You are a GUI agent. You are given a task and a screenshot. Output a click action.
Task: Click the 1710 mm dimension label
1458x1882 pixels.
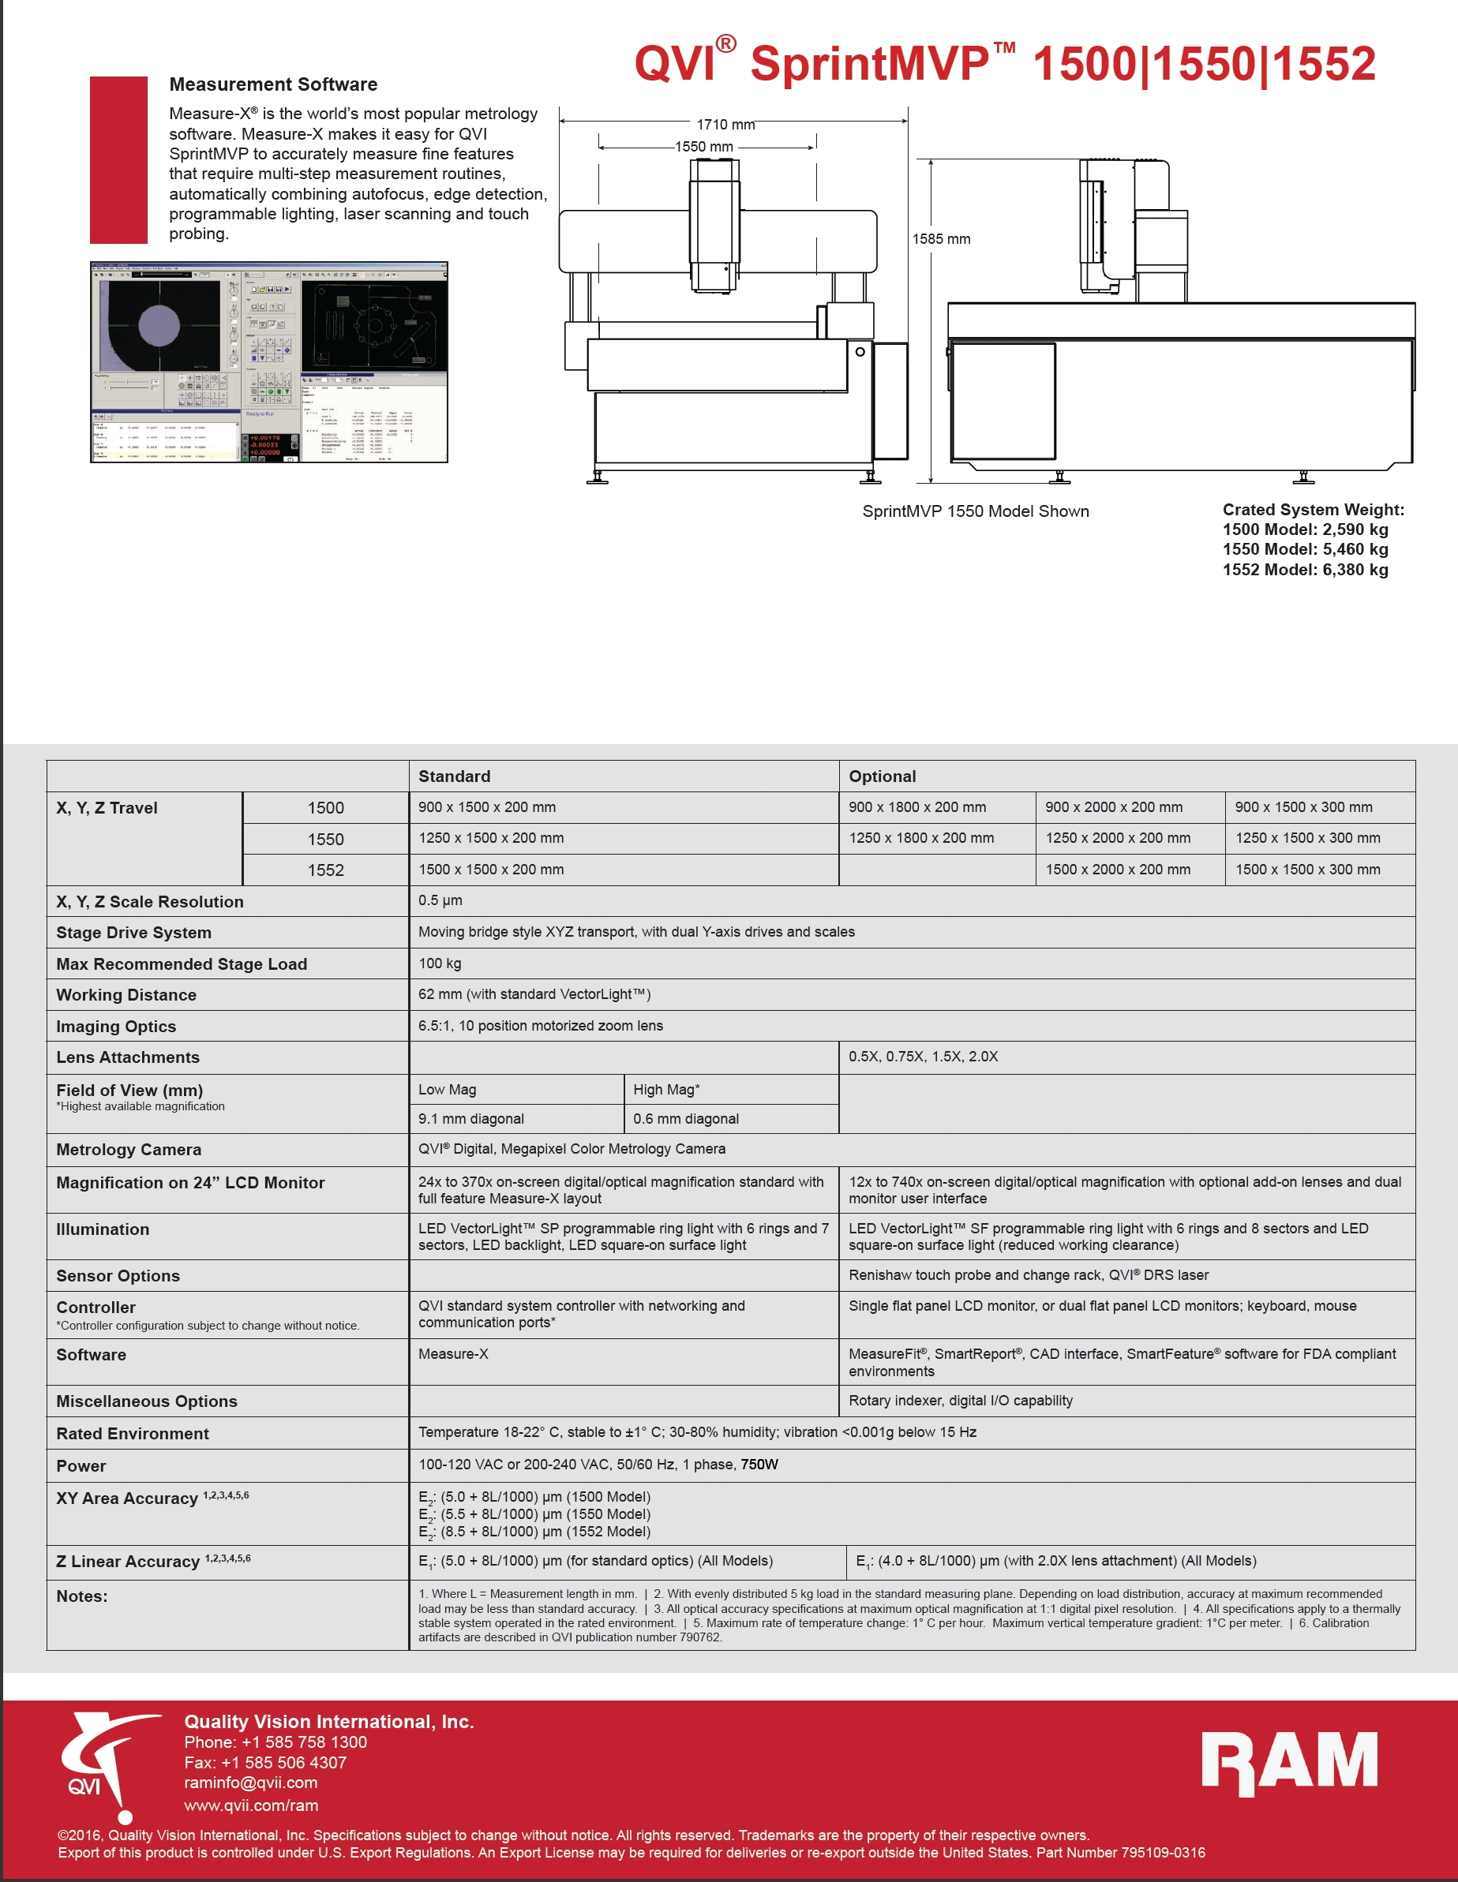pyautogui.click(x=725, y=125)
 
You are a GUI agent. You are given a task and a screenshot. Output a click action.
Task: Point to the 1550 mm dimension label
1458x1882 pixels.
pyautogui.click(x=703, y=148)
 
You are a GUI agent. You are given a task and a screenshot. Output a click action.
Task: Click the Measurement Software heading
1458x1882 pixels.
pyautogui.click(x=273, y=84)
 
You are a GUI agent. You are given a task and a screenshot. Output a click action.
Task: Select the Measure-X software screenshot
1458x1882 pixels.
pyautogui.click(x=269, y=362)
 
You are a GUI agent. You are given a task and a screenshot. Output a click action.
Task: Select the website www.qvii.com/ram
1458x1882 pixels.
pyautogui.click(x=251, y=1805)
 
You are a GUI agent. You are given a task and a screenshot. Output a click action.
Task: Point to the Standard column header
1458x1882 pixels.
pyautogui.click(x=455, y=776)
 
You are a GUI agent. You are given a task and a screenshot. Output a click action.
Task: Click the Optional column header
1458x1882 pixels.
pyautogui.click(x=882, y=776)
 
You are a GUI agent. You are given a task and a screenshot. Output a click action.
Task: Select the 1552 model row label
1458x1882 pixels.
pyautogui.click(x=325, y=870)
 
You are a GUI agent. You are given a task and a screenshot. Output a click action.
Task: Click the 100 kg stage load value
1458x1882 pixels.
pyautogui.click(x=440, y=963)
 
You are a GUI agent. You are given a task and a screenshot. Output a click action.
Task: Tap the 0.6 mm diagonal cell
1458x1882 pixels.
pyautogui.click(x=685, y=1118)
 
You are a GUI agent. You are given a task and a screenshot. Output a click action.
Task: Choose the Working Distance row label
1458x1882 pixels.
pyautogui.click(x=126, y=995)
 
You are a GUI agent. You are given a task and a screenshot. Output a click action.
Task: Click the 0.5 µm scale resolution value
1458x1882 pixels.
pyautogui.click(x=440, y=900)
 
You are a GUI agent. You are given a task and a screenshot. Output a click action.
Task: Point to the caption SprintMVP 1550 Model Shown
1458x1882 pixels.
pyautogui.click(x=975, y=512)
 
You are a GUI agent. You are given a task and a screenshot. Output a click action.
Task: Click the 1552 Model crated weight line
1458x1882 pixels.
pyautogui.click(x=1305, y=570)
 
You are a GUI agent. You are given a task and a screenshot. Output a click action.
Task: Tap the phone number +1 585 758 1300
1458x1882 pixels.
pyautogui.click(x=275, y=1742)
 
